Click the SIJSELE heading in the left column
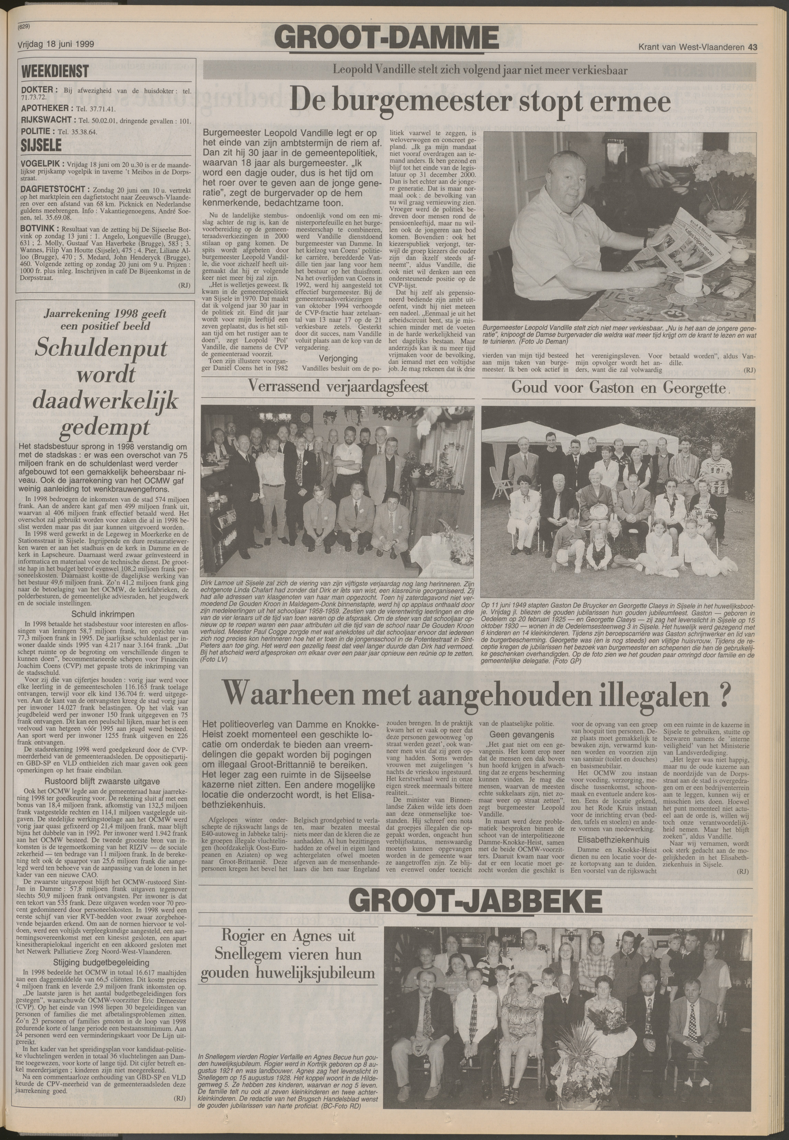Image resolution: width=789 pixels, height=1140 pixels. point(42,145)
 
